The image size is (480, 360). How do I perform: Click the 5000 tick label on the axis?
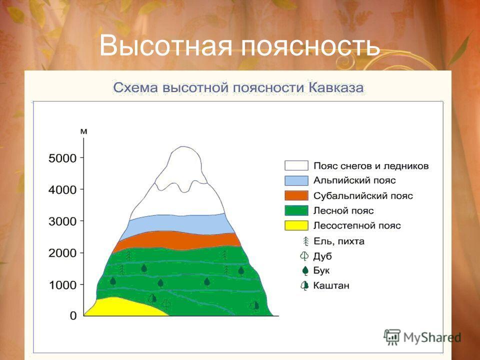point(62,158)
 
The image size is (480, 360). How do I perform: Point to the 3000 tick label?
point(62,221)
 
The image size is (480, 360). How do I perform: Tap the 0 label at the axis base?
point(73,315)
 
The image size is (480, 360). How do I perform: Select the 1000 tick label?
point(62,285)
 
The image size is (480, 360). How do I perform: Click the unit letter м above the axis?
point(83,131)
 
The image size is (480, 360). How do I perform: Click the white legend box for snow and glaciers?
point(296,165)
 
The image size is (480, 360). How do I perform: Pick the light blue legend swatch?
point(296,180)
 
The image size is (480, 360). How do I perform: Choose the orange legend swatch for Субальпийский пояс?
point(296,195)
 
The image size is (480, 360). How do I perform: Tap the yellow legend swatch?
point(296,225)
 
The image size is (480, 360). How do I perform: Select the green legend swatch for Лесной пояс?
point(296,210)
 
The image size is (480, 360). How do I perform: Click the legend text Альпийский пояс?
point(354,180)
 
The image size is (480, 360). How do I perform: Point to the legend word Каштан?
point(331,285)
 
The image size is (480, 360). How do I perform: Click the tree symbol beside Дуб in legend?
point(304,256)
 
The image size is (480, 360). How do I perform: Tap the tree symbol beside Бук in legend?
point(305,271)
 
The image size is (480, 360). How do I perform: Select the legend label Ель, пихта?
point(339,241)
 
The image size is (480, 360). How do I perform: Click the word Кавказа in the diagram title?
point(336,87)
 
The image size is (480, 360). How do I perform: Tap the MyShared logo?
point(422,337)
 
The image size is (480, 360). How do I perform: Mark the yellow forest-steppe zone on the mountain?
point(122,307)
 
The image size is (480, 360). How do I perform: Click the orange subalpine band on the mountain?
point(177,240)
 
